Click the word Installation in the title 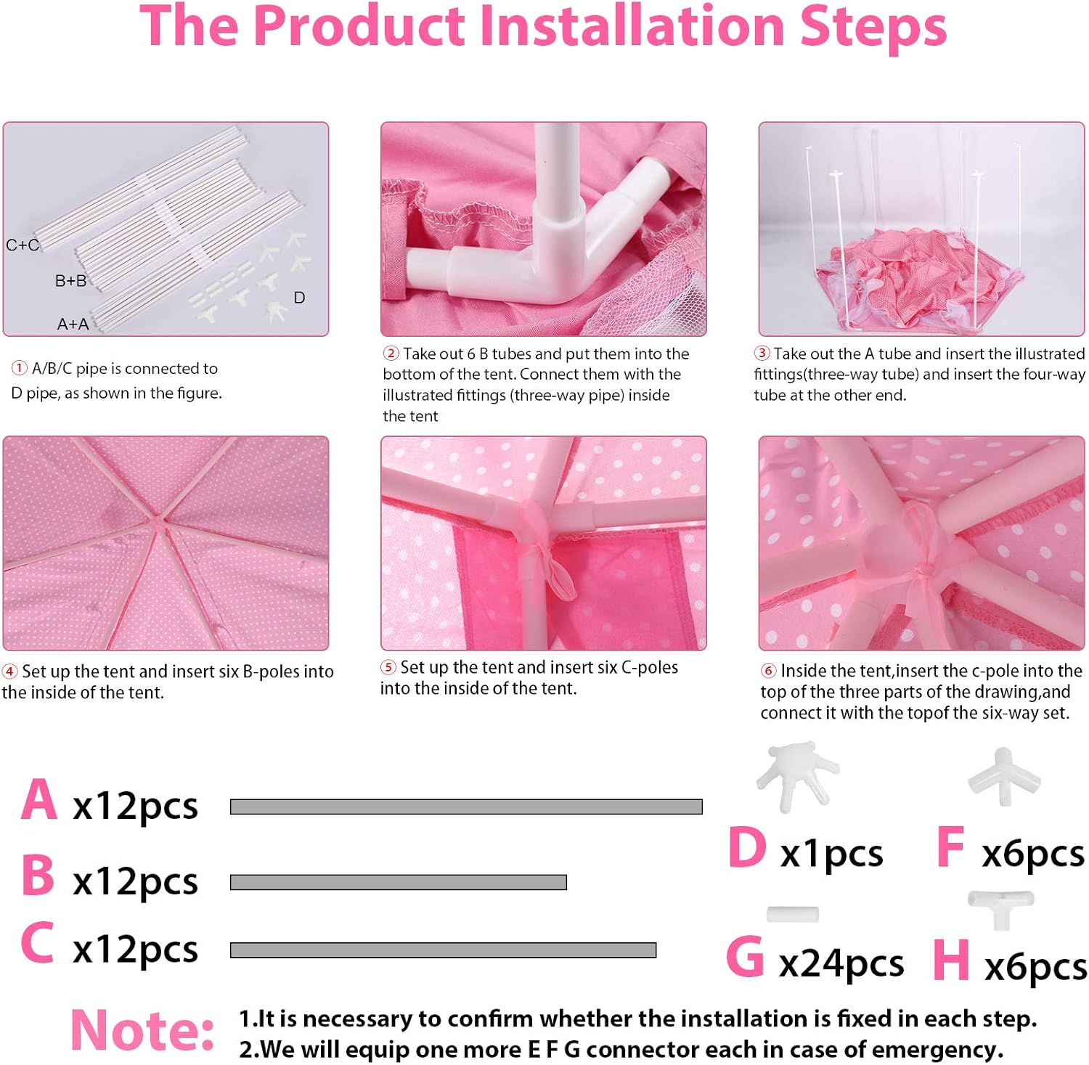pyautogui.click(x=631, y=26)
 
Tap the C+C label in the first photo pyautogui.click(x=23, y=245)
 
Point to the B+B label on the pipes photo pyautogui.click(x=70, y=280)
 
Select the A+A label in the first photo pyautogui.click(x=73, y=324)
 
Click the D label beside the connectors pyautogui.click(x=299, y=298)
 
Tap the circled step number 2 pyautogui.click(x=391, y=354)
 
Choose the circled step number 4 pyautogui.click(x=10, y=672)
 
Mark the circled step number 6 pyautogui.click(x=768, y=671)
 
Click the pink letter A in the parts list pyautogui.click(x=39, y=799)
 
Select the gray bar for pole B pyautogui.click(x=398, y=882)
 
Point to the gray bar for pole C pyautogui.click(x=443, y=950)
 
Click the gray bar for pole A pyautogui.click(x=466, y=807)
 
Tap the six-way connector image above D pyautogui.click(x=797, y=775)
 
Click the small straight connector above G pyautogui.click(x=793, y=914)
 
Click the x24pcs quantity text pyautogui.click(x=841, y=964)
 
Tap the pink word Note pyautogui.click(x=142, y=1029)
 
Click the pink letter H pyautogui.click(x=951, y=959)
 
